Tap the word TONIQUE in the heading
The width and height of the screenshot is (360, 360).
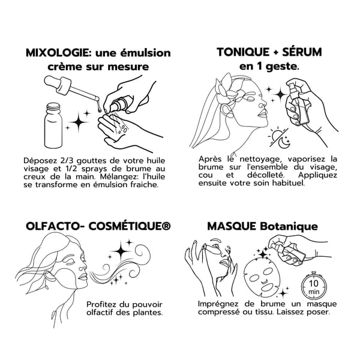[x=243, y=52]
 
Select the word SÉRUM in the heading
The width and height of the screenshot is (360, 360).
[x=302, y=52]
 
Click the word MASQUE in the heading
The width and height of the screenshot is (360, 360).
[x=232, y=227]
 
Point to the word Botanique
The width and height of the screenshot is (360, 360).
[x=289, y=226]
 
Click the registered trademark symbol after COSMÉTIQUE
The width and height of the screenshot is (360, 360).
[x=166, y=226]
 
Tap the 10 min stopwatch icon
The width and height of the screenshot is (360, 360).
[x=314, y=286]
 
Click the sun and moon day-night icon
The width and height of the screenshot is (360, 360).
[x=279, y=137]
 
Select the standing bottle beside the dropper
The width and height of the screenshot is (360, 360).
[x=53, y=125]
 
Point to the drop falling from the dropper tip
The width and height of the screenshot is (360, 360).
[x=99, y=109]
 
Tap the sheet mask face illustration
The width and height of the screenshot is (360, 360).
[x=262, y=278]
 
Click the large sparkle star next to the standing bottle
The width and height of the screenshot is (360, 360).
[x=79, y=122]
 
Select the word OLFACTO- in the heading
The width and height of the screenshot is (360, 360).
[x=55, y=226]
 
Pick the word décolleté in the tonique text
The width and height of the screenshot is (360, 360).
[x=265, y=175]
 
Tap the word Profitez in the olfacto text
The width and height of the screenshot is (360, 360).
[x=101, y=304]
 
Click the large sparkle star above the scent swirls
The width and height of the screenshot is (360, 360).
[x=121, y=251]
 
